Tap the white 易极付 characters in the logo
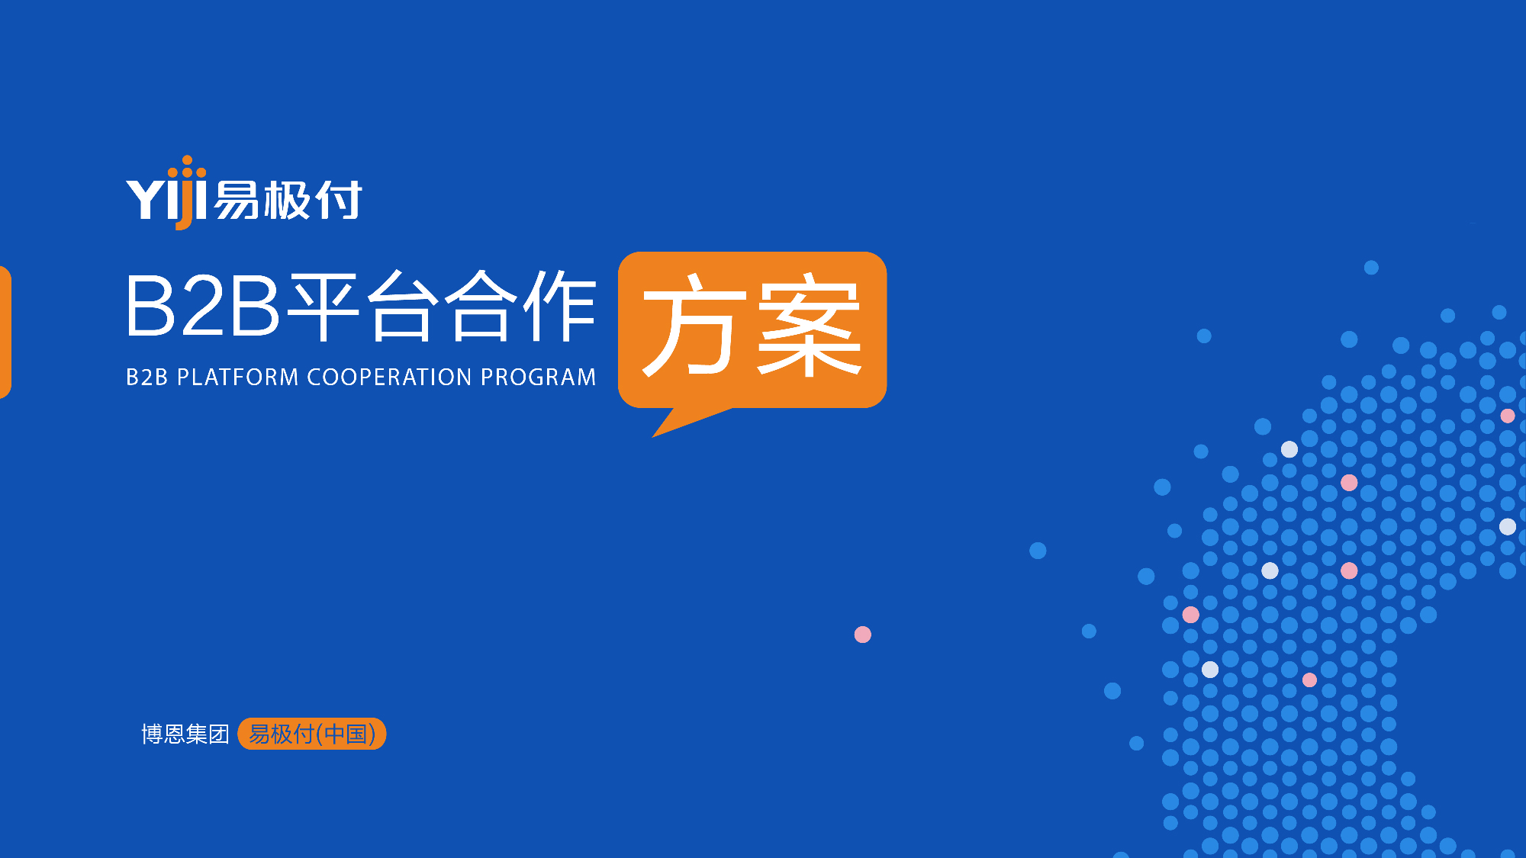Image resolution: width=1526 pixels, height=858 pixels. tap(288, 201)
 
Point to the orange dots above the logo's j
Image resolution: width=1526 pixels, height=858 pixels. tap(188, 166)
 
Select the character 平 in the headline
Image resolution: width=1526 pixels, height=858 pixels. tap(325, 306)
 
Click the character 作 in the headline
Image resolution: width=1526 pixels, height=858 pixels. tap(559, 306)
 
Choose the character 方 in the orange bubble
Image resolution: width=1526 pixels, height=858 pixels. tap(693, 326)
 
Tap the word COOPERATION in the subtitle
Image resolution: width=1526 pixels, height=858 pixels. tap(389, 377)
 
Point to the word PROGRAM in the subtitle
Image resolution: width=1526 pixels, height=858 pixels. tap(538, 377)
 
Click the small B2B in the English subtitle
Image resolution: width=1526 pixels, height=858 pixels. tap(147, 377)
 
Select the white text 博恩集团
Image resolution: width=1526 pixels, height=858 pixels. tap(185, 734)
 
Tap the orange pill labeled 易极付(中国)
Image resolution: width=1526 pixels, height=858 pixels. tap(312, 734)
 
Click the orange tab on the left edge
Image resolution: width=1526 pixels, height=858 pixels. tap(5, 332)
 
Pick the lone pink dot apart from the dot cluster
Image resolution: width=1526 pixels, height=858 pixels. tap(863, 635)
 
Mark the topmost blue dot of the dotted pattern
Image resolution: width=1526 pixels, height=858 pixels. tap(1371, 268)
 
